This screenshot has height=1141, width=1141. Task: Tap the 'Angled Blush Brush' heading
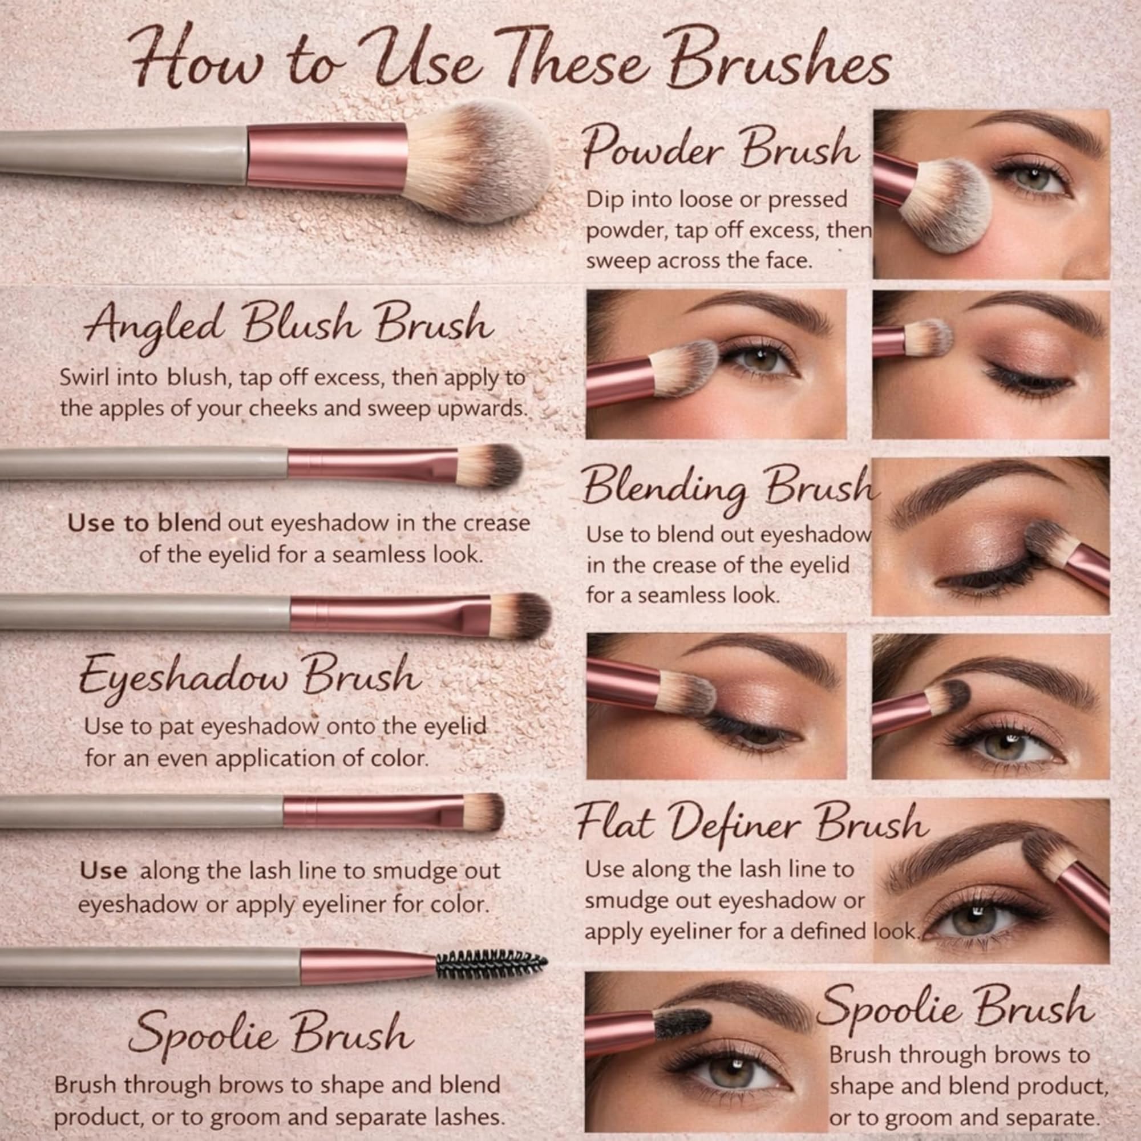289,326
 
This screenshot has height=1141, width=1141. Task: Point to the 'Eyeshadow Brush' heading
249,678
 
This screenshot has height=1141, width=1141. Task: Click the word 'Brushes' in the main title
779,68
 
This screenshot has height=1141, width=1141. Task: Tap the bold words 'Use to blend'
144,523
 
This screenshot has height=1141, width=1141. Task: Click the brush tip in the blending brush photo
1042,538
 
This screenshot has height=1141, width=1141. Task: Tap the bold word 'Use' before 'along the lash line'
103,871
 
